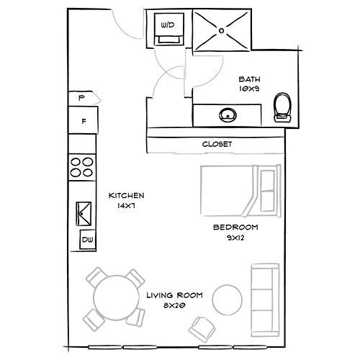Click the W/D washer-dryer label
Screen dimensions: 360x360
[168, 24]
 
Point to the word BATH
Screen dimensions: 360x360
[249, 81]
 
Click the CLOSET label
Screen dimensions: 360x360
[217, 145]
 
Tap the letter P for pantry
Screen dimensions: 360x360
[81, 97]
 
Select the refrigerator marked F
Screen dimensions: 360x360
[84, 122]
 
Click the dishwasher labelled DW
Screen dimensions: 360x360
[86, 240]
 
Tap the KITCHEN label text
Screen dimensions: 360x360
[127, 195]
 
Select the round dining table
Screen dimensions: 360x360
[117, 298]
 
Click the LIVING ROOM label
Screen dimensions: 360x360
[174, 295]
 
